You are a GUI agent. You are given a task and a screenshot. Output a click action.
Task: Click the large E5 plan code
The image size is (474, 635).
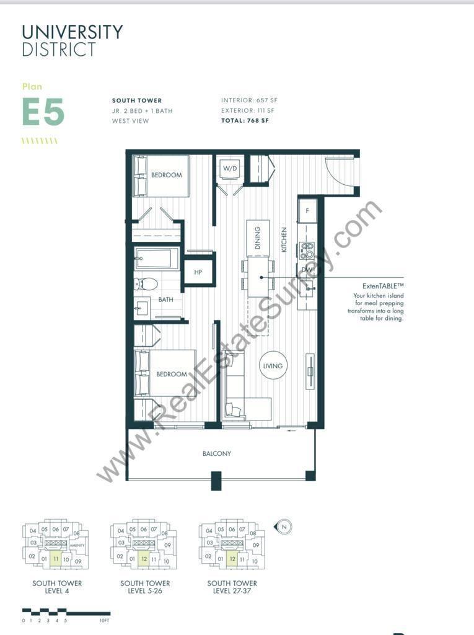coord(43,112)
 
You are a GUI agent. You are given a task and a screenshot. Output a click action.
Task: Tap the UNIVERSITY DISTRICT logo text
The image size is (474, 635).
coord(72,40)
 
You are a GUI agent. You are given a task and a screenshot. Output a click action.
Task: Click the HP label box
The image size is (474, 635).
coord(198,272)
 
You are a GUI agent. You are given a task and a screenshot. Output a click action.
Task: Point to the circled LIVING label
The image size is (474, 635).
coord(273,366)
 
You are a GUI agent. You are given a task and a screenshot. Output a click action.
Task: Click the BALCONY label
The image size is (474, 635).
coord(217,454)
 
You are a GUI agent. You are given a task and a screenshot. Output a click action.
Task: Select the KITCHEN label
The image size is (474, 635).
coord(284,239)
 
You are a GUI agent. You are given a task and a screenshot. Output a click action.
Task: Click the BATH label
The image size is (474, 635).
coord(165,300)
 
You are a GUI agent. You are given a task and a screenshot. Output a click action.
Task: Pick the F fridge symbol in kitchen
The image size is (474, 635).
coord(307,211)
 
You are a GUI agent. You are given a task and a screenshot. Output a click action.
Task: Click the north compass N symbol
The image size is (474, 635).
coord(284,526)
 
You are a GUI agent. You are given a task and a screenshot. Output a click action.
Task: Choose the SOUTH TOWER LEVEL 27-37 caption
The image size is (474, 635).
coord(232,587)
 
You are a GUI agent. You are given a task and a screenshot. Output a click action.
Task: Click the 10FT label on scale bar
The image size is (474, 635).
coord(103,620)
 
